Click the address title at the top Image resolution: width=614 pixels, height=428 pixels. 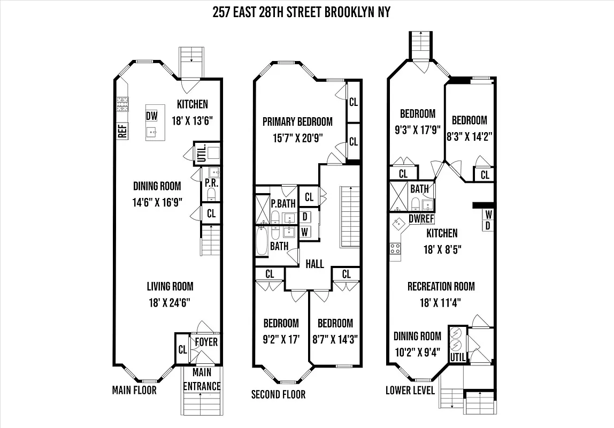click(301, 12)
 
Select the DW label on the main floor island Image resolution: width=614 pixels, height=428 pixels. click(152, 116)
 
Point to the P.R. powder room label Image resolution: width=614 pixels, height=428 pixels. click(210, 182)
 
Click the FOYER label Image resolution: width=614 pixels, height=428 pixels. click(206, 341)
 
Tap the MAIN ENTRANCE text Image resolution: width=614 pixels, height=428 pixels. click(202, 379)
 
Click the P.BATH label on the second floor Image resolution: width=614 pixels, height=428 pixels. click(283, 203)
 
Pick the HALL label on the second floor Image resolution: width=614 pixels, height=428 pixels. click(314, 264)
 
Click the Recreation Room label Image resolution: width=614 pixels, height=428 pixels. click(441, 287)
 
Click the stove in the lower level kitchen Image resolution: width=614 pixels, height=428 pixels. click(396, 248)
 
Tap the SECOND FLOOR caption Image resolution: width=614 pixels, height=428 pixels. click(278, 395)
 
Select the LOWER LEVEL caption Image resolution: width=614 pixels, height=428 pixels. click(410, 390)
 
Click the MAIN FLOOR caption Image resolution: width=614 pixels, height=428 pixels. click(134, 390)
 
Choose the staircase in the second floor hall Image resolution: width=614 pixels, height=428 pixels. click(350, 214)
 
